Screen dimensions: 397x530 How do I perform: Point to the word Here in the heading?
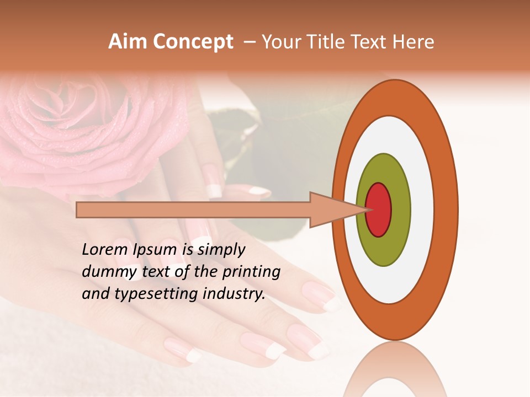click(415, 42)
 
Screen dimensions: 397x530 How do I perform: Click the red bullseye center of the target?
click(379, 210)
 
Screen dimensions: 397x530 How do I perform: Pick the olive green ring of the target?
click(384, 248)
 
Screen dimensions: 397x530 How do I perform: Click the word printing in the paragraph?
click(251, 272)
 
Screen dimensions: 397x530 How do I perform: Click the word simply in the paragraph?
click(221, 250)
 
